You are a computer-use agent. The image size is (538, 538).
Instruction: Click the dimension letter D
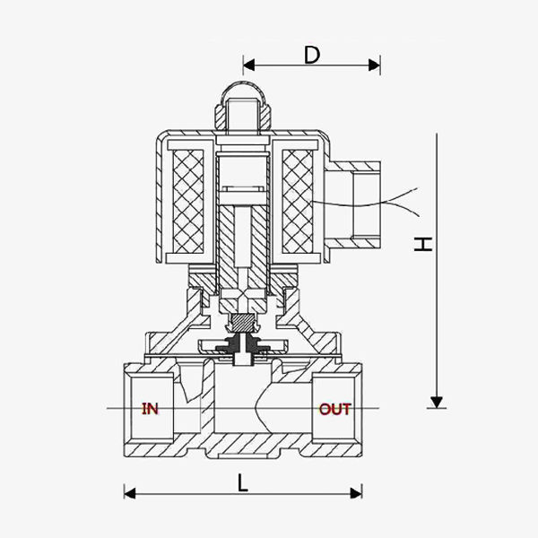click(312, 55)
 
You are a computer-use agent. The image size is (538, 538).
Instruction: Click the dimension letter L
click(243, 482)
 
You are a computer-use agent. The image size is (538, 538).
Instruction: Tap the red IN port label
click(150, 410)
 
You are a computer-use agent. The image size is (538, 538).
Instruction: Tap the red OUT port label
click(336, 410)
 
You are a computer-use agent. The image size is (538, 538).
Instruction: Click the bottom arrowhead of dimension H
click(436, 401)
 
